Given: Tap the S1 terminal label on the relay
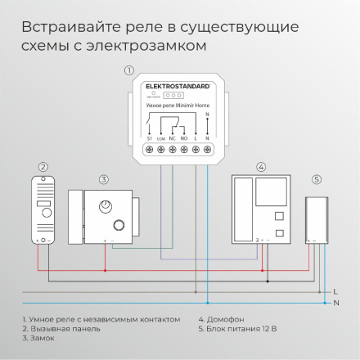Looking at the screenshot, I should [150, 139].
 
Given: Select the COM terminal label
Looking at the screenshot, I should [161, 139].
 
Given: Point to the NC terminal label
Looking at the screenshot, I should [173, 139].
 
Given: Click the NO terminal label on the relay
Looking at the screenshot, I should [184, 139].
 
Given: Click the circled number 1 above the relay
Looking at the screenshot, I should [128, 70].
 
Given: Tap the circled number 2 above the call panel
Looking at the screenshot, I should [42, 167].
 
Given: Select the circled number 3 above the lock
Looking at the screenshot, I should [104, 178].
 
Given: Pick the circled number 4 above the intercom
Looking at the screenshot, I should [261, 167].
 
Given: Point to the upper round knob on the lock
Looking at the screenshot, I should [106, 205].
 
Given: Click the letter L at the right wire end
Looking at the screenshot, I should [335, 291].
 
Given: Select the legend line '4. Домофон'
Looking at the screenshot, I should [222, 319].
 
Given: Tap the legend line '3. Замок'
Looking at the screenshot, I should [38, 337].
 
